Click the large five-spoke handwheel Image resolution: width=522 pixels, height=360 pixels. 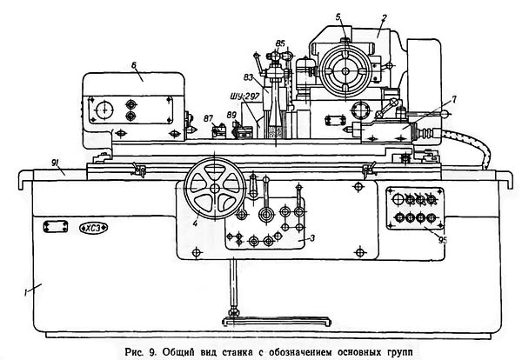(x=215, y=189)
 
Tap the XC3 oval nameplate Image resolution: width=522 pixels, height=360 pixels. (x=94, y=228)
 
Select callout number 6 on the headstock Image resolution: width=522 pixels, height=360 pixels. (x=134, y=65)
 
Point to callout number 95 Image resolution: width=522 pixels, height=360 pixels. (x=443, y=240)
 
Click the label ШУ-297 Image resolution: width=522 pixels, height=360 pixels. (x=244, y=97)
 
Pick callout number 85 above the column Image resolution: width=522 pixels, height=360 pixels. (x=280, y=43)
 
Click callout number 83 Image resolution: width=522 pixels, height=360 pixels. (x=248, y=77)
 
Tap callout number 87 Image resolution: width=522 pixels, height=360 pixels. (x=209, y=118)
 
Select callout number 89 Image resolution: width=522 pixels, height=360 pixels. (x=231, y=115)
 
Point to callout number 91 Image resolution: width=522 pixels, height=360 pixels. (x=56, y=163)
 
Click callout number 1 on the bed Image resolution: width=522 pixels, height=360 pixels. (x=25, y=293)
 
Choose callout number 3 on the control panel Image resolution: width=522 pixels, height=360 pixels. (x=312, y=238)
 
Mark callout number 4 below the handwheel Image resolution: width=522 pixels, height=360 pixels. (x=195, y=223)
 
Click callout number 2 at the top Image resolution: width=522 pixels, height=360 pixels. (x=384, y=18)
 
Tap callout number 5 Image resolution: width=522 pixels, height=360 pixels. (x=338, y=17)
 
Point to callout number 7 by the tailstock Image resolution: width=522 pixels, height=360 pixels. (x=454, y=99)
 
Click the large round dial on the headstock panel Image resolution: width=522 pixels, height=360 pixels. (x=104, y=110)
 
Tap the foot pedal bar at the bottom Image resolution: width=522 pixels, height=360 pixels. (x=277, y=322)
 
